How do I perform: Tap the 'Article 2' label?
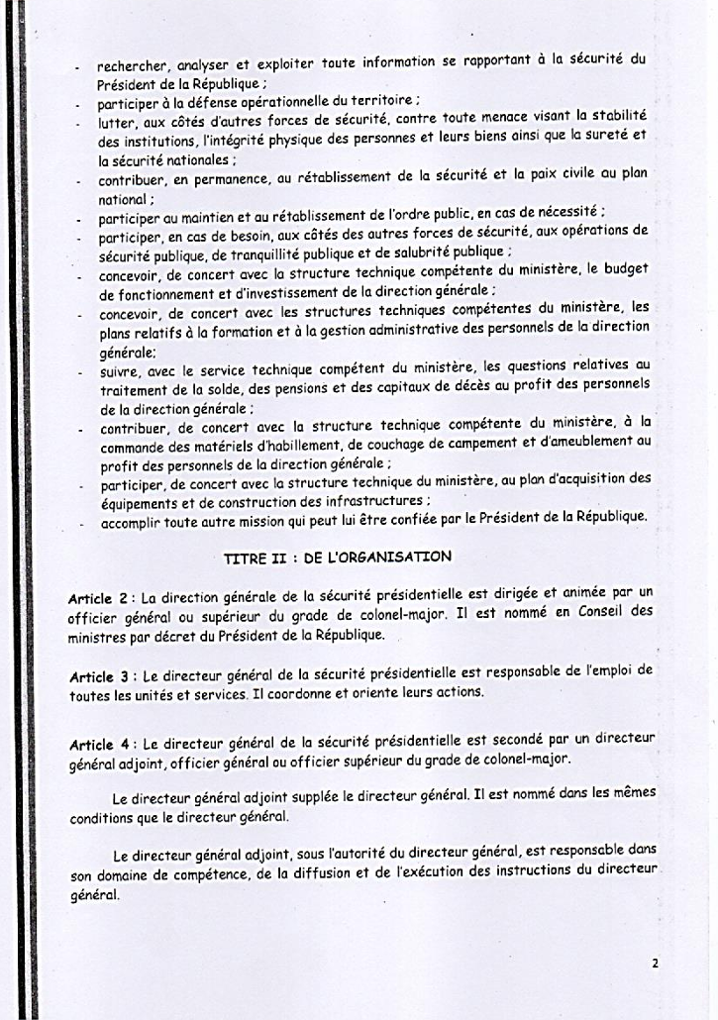point(98,598)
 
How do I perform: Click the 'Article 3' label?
point(98,676)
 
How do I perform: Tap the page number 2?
point(656,962)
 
